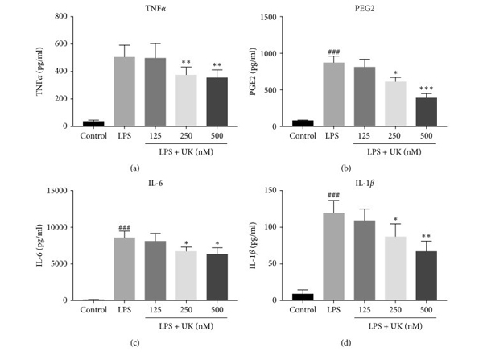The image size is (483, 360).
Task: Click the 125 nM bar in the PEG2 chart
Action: pyautogui.click(x=365, y=97)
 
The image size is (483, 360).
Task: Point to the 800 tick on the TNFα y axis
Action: pyautogui.click(x=68, y=17)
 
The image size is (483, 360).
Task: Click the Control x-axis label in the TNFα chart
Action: pyautogui.click(x=93, y=135)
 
